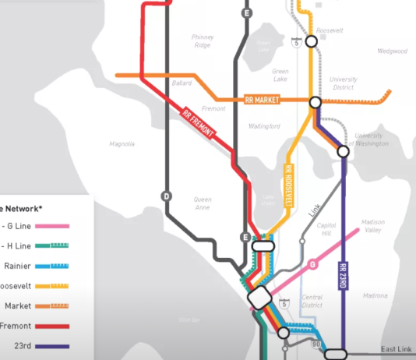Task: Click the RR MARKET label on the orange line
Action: [x=262, y=100]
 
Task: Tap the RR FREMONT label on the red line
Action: [x=198, y=122]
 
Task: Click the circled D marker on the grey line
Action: [x=165, y=196]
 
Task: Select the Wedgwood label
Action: [x=392, y=51]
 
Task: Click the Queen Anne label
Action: [x=202, y=204]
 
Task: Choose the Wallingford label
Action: [x=264, y=125]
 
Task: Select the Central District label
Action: [x=312, y=301]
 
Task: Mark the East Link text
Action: [x=396, y=349]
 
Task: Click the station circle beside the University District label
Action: [x=316, y=102]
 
